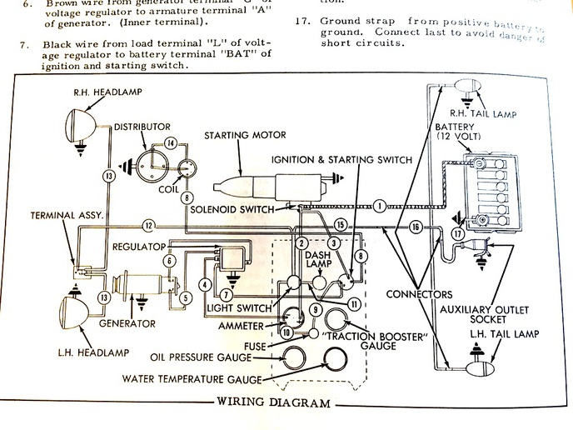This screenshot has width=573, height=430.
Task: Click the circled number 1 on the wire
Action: [379, 204]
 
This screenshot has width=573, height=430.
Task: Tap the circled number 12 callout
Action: [147, 225]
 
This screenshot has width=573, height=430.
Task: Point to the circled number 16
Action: [415, 226]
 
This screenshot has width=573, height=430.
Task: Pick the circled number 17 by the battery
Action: [456, 234]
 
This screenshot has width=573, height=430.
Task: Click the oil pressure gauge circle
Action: [293, 357]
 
